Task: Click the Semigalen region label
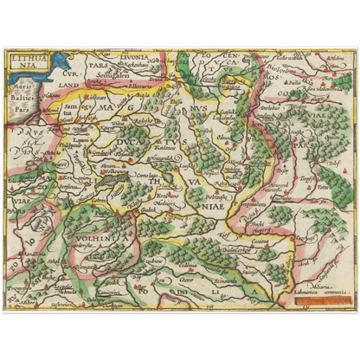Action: pos(123,74)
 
